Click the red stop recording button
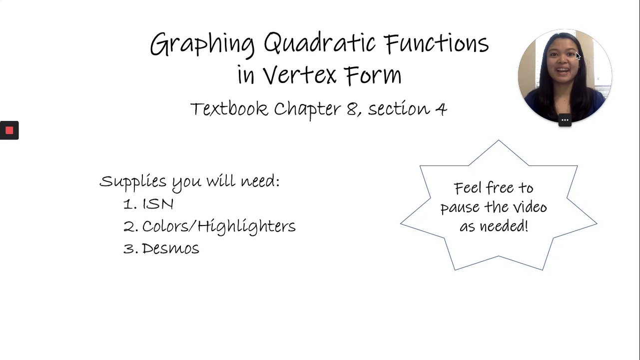[9, 130]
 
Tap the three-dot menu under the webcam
[565, 120]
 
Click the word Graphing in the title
[202, 44]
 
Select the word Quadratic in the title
[319, 42]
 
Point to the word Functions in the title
[437, 43]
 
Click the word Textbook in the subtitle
[229, 108]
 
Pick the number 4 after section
[441, 108]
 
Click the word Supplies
[133, 182]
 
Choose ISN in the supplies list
[158, 204]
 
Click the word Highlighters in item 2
[247, 226]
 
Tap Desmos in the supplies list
[170, 248]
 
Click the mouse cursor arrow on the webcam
[578, 56]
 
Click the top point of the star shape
[499, 140]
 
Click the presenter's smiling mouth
[563, 70]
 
